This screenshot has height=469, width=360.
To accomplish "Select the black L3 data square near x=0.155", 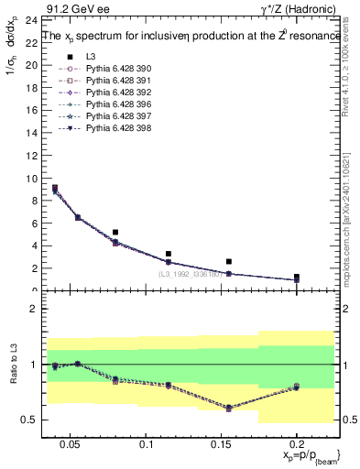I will pyautogui.click(x=229, y=261).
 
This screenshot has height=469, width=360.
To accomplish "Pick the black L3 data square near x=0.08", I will pyautogui.click(x=115, y=233).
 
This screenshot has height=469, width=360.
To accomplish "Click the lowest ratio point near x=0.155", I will pyautogui.click(x=229, y=408).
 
